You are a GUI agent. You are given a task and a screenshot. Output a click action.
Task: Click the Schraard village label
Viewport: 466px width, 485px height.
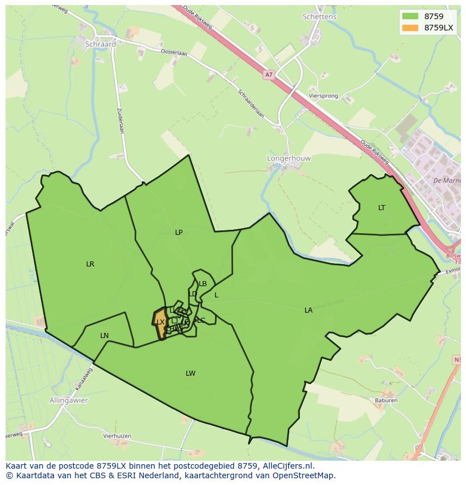(101, 44)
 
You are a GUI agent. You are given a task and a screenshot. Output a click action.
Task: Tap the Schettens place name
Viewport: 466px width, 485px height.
(319, 17)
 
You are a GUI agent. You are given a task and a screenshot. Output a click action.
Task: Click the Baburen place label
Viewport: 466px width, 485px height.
(386, 401)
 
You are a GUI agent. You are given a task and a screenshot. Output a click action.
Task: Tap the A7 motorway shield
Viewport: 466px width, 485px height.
(268, 74)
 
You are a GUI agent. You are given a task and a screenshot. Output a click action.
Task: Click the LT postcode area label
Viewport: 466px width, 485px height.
(382, 208)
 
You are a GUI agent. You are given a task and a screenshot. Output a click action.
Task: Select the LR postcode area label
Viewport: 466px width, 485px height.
(90, 264)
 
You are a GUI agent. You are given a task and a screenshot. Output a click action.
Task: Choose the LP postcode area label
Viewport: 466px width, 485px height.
(179, 232)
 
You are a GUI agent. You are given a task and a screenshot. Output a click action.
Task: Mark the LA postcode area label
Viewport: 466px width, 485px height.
(308, 310)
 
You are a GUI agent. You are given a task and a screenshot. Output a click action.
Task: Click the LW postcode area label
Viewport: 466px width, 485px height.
(191, 373)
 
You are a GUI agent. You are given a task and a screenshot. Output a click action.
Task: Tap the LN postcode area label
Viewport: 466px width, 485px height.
(104, 336)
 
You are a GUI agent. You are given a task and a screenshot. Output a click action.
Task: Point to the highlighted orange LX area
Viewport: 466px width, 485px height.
(160, 323)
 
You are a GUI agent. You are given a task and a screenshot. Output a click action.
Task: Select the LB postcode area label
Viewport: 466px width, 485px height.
(203, 284)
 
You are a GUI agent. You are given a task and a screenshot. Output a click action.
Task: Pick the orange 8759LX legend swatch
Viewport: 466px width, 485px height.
(410, 28)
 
